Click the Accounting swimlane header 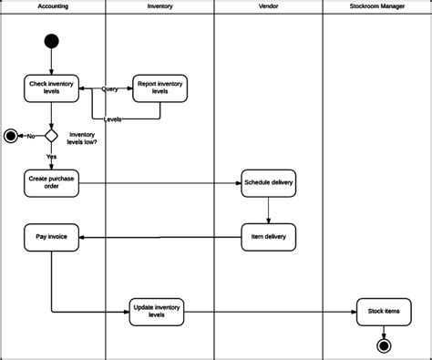52,6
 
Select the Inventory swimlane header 160,6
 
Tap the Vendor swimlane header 268,6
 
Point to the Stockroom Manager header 376,6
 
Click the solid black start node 51,41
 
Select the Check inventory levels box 51,87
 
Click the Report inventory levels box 160,87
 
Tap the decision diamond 51,136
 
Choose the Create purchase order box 51,182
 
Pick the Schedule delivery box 269,182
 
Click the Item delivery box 269,237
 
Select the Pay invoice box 51,237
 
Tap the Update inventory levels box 156,311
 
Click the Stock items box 383,311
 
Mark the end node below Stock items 384,345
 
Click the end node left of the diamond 11,136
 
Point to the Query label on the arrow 109,88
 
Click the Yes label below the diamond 52,157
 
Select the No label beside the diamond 30,136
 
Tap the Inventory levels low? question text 82,138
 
